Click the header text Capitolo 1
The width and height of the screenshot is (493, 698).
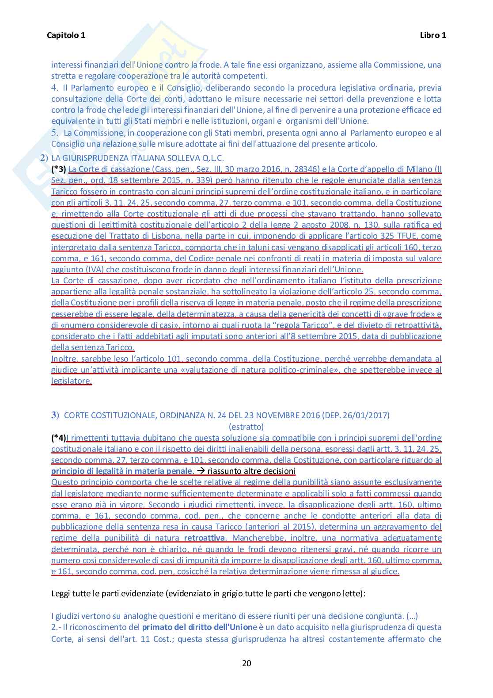(66, 35)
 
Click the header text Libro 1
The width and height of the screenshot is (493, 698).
(432, 35)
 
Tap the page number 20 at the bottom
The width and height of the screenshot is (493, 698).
(246, 663)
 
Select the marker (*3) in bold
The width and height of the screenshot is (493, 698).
(59, 169)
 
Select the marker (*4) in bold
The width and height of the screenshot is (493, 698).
(59, 438)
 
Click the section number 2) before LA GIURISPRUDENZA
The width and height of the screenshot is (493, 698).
(44, 158)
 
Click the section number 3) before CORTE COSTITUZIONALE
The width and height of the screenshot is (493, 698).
(55, 415)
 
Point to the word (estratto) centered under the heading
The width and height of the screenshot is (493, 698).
(246, 427)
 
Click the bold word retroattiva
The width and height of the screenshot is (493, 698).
(204, 538)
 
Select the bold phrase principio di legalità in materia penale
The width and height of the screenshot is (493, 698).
(122, 471)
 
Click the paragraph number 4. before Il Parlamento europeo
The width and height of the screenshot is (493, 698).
(54, 88)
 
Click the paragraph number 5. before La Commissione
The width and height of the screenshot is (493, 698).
(54, 133)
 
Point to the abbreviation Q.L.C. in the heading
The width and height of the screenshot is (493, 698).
(213, 158)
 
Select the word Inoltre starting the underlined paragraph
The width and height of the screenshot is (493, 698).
(64, 359)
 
